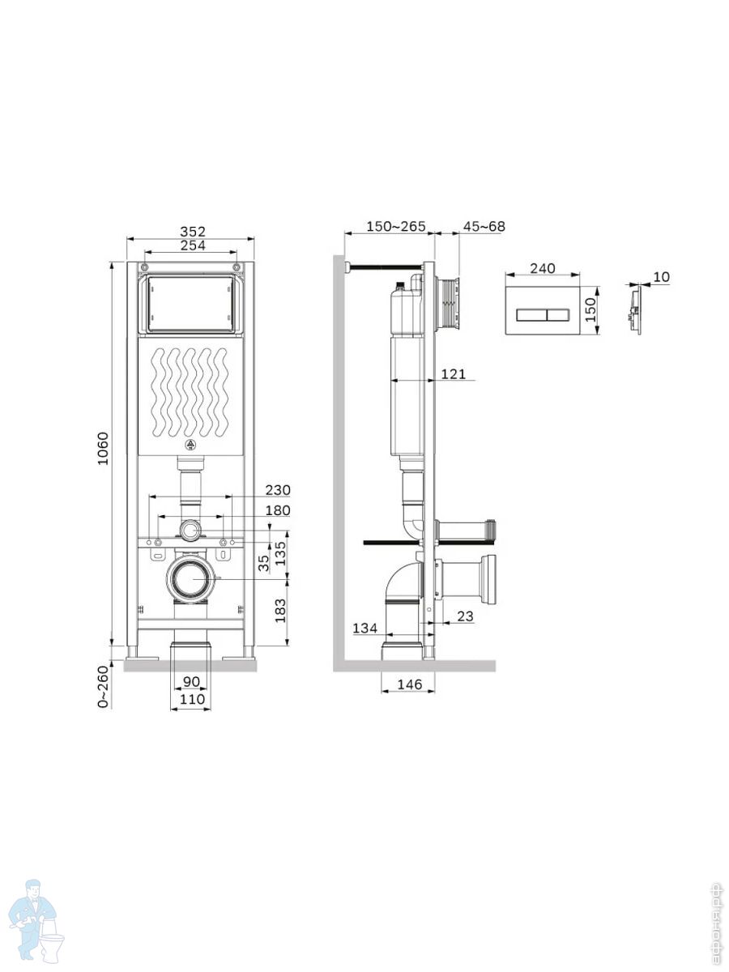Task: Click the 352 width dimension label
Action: click(193, 231)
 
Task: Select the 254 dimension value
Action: click(193, 245)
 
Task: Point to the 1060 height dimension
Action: click(103, 448)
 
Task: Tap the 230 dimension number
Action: click(278, 490)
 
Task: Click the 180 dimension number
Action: click(278, 510)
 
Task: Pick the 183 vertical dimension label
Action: click(280, 611)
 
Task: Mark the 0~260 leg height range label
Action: click(103, 687)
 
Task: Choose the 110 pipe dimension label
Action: click(191, 699)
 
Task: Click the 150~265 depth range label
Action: click(396, 226)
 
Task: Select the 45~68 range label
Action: click(484, 226)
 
